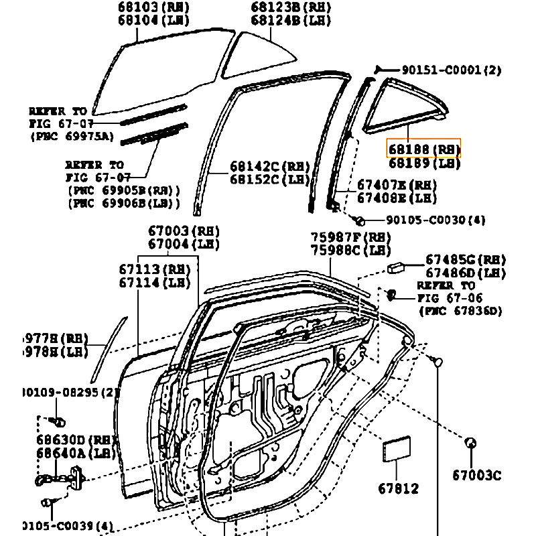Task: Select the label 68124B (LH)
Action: pyautogui.click(x=291, y=21)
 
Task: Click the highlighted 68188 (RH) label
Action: pyautogui.click(x=424, y=149)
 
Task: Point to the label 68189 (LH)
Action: pyautogui.click(x=424, y=163)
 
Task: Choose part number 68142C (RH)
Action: pyautogui.click(x=269, y=166)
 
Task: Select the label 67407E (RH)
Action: pyautogui.click(x=396, y=185)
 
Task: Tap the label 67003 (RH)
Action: pyautogui.click(x=184, y=231)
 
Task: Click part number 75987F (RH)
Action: pyautogui.click(x=350, y=237)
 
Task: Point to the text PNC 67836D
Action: pyautogui.click(x=460, y=311)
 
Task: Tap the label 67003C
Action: pyautogui.click(x=476, y=475)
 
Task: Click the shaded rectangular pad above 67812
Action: pyautogui.click(x=396, y=450)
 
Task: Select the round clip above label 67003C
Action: pyautogui.click(x=470, y=443)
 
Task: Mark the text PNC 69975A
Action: pyautogui.click(x=72, y=137)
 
